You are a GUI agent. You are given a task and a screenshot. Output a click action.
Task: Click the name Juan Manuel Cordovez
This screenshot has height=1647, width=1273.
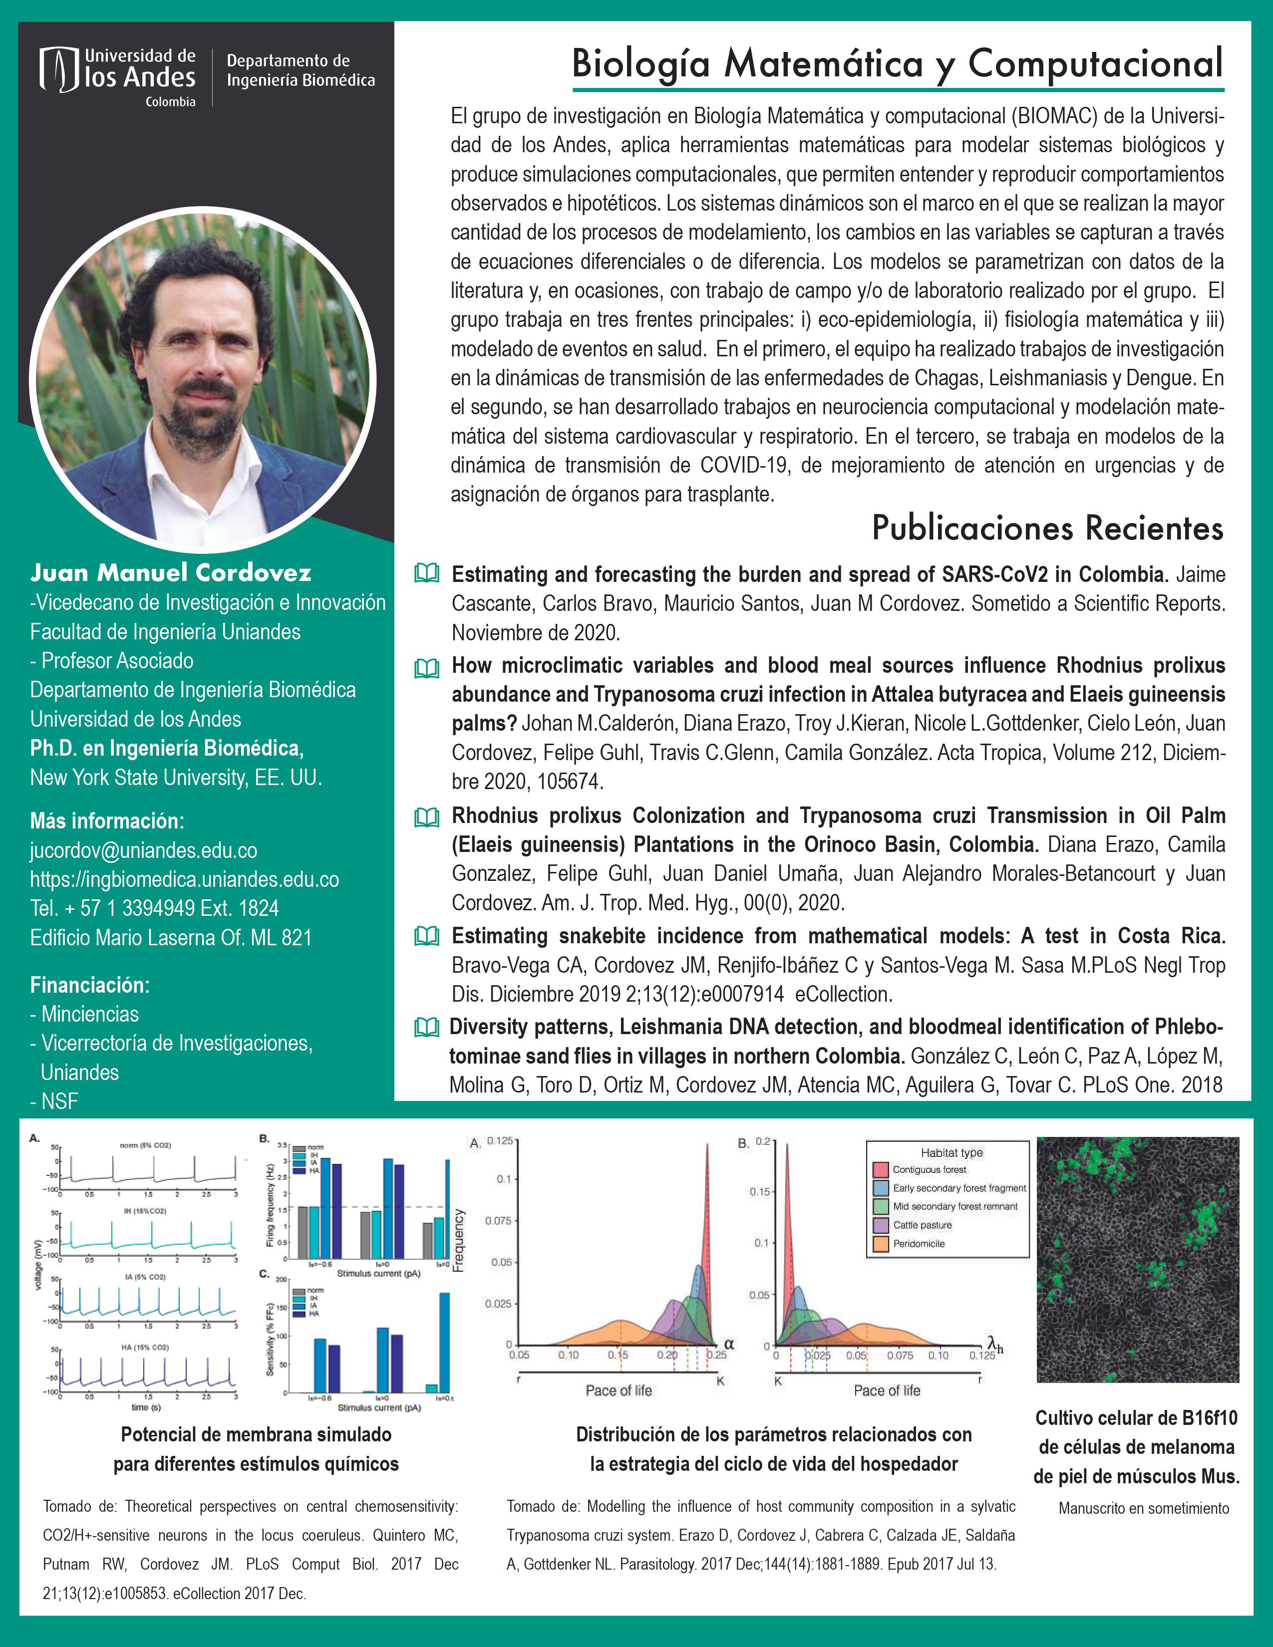click(170, 573)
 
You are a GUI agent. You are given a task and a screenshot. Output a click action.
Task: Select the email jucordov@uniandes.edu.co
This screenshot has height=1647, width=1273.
click(143, 850)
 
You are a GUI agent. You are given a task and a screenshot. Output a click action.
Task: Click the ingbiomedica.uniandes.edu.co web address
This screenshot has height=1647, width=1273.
click(184, 880)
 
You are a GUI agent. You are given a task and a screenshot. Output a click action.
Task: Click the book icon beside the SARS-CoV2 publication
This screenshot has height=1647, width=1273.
click(427, 573)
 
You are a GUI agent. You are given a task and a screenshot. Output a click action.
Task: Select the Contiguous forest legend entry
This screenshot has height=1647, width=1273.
click(929, 1170)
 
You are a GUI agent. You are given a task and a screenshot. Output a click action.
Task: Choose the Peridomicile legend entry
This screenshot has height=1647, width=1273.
click(918, 1244)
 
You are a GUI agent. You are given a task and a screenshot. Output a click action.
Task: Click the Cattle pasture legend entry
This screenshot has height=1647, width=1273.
click(922, 1225)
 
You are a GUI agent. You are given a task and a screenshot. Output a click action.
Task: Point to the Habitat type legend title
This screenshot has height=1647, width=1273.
click(951, 1152)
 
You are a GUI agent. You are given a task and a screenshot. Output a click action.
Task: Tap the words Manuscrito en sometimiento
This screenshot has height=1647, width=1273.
click(1143, 1509)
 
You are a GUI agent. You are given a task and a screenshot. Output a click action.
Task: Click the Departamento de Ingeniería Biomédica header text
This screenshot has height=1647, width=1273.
click(300, 70)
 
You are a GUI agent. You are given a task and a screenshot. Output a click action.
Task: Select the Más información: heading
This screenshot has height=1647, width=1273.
click(106, 821)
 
